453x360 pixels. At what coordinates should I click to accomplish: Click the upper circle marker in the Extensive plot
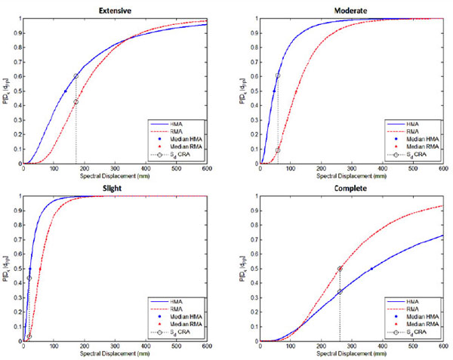coord(75,76)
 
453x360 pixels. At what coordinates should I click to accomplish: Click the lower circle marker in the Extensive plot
coord(75,102)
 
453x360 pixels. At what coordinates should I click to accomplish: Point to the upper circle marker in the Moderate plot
coord(278,75)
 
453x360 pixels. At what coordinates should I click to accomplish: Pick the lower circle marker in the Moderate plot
coord(278,150)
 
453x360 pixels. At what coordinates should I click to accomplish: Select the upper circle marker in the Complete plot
coord(340,269)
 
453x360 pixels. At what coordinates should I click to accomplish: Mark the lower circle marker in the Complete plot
coord(340,291)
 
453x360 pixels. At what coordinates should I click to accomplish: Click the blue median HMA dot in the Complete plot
coord(370,269)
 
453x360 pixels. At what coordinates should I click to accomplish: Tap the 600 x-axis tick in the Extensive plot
coord(206,169)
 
